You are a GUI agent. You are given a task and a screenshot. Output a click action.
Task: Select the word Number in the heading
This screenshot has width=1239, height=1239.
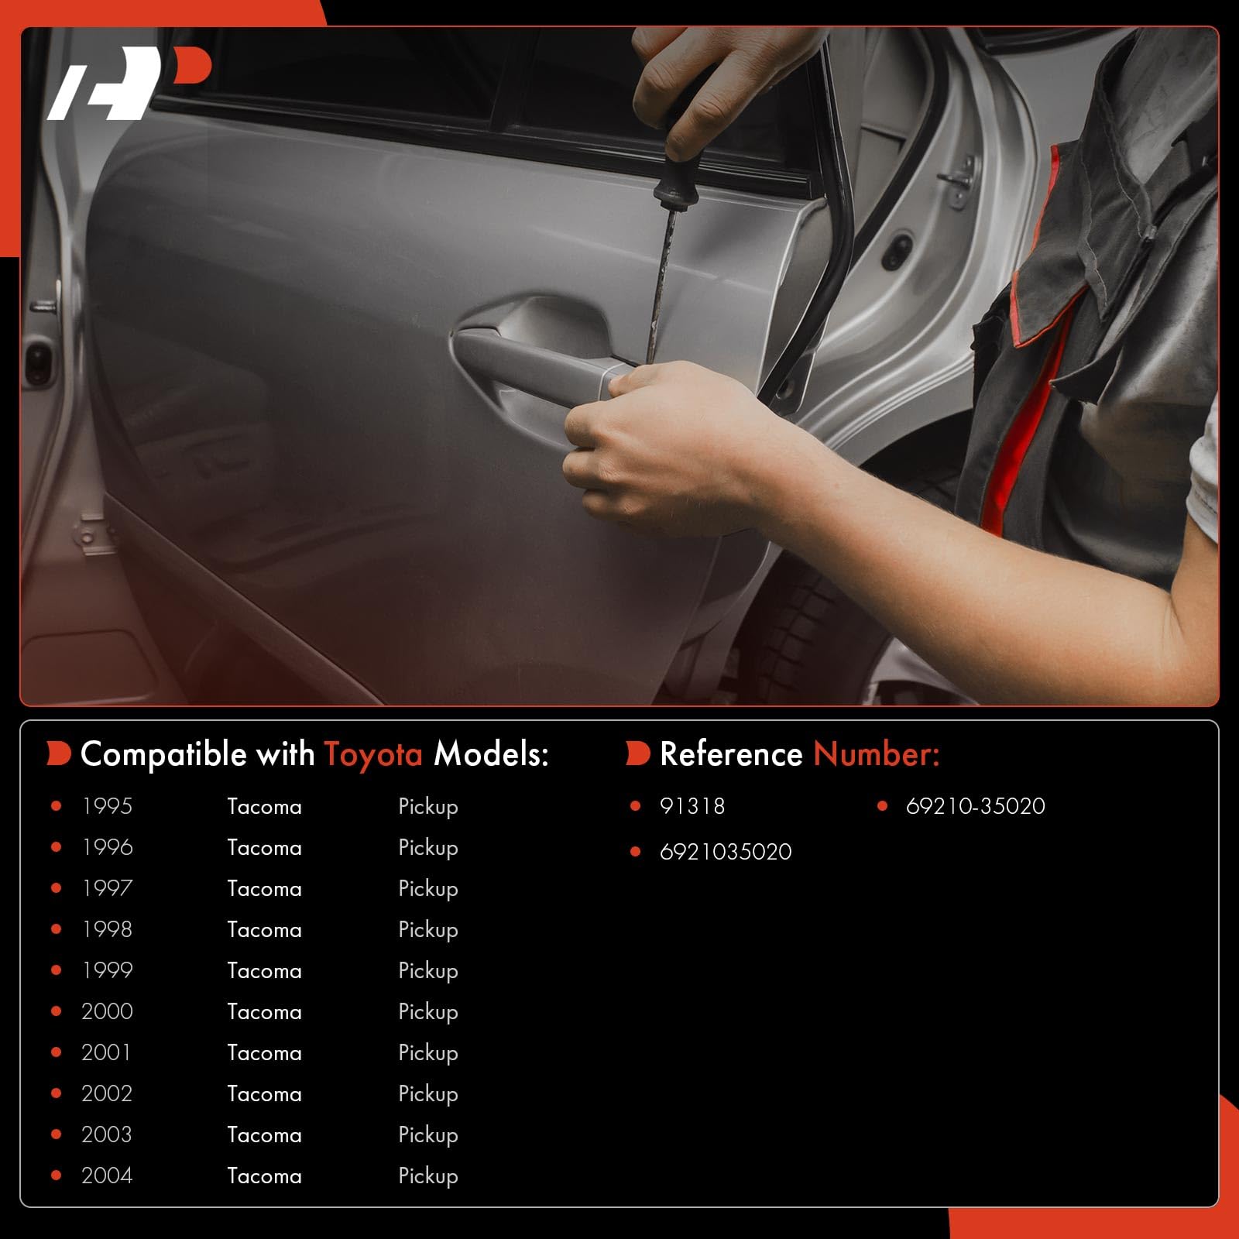(x=877, y=754)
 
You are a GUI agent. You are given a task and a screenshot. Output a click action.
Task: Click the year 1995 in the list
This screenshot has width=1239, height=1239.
(x=107, y=806)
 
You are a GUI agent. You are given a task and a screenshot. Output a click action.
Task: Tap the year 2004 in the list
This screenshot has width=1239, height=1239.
(x=107, y=1176)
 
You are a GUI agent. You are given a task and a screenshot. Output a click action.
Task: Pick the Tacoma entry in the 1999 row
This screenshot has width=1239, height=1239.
(x=264, y=970)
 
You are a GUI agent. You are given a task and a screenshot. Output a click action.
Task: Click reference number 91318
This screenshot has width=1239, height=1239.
(x=692, y=806)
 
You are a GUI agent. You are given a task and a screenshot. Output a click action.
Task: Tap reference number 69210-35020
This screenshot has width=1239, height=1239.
(x=976, y=806)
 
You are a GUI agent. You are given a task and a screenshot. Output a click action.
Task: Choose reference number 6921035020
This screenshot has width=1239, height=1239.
(x=726, y=852)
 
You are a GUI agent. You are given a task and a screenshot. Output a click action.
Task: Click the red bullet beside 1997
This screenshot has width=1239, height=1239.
(x=56, y=888)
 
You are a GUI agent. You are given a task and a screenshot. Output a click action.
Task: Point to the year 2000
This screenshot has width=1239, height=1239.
(x=107, y=1011)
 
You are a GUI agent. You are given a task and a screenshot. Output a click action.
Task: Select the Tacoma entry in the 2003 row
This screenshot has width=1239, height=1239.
(x=264, y=1134)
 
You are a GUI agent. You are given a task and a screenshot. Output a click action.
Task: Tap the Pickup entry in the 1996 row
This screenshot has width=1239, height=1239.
(x=428, y=849)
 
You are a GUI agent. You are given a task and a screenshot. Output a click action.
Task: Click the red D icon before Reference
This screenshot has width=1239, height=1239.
(x=637, y=753)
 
